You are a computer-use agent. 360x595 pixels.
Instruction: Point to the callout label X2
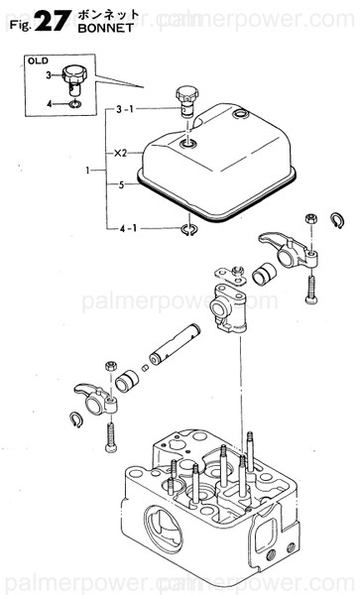point(120,153)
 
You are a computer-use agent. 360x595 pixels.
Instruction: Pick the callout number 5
point(120,183)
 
